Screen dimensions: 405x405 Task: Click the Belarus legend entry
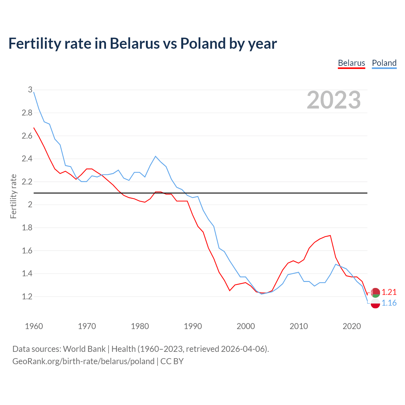click(351, 63)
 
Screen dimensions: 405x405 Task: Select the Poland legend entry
click(384, 63)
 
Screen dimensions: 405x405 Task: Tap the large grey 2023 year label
click(334, 100)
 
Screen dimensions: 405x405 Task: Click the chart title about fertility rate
click(142, 43)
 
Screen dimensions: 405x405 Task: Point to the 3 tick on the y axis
click(30, 90)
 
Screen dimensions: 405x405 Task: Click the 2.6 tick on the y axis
click(27, 136)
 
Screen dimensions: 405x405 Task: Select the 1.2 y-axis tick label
click(27, 296)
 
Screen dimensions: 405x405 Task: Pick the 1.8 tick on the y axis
click(27, 227)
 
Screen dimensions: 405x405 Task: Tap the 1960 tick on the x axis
click(34, 326)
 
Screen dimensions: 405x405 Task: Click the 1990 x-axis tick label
click(193, 326)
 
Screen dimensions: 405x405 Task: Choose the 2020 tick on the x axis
click(352, 326)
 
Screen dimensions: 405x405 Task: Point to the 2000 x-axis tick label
click(246, 326)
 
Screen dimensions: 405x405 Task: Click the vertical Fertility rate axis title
click(13, 196)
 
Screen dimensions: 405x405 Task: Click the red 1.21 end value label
click(389, 292)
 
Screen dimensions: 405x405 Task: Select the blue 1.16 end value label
click(389, 303)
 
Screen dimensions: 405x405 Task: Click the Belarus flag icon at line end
click(375, 293)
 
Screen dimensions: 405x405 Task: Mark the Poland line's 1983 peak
click(155, 156)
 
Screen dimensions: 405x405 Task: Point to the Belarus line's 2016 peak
click(330, 235)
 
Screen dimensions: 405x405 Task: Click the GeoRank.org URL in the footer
click(83, 361)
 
